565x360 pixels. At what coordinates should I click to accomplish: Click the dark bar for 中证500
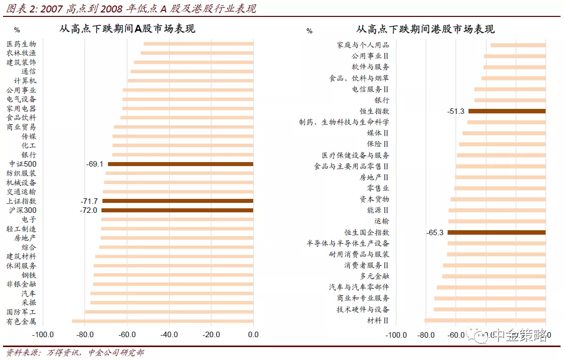180,164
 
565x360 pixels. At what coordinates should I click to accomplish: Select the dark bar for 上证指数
177,201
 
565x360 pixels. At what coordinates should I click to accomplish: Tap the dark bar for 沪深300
177,210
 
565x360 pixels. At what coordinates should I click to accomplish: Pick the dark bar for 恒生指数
507,111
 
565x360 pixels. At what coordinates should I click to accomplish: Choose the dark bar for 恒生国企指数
496,232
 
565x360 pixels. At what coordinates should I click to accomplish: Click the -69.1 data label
94,164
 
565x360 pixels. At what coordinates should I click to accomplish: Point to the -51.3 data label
456,111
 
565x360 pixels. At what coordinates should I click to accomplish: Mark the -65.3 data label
435,232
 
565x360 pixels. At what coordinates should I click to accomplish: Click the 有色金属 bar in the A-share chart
162,321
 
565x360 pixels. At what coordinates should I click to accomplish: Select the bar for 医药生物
198,44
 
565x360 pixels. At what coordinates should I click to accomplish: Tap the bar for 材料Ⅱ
485,320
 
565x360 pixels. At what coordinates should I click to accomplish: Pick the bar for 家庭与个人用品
518,45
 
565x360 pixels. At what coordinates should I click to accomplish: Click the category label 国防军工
21,312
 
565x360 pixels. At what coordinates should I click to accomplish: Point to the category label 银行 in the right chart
382,100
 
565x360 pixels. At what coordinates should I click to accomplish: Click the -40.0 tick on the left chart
169,334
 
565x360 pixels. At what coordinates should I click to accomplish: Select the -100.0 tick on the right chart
397,335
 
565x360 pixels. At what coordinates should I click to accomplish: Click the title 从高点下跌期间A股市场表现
127,29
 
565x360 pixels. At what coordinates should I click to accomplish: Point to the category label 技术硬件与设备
363,309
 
